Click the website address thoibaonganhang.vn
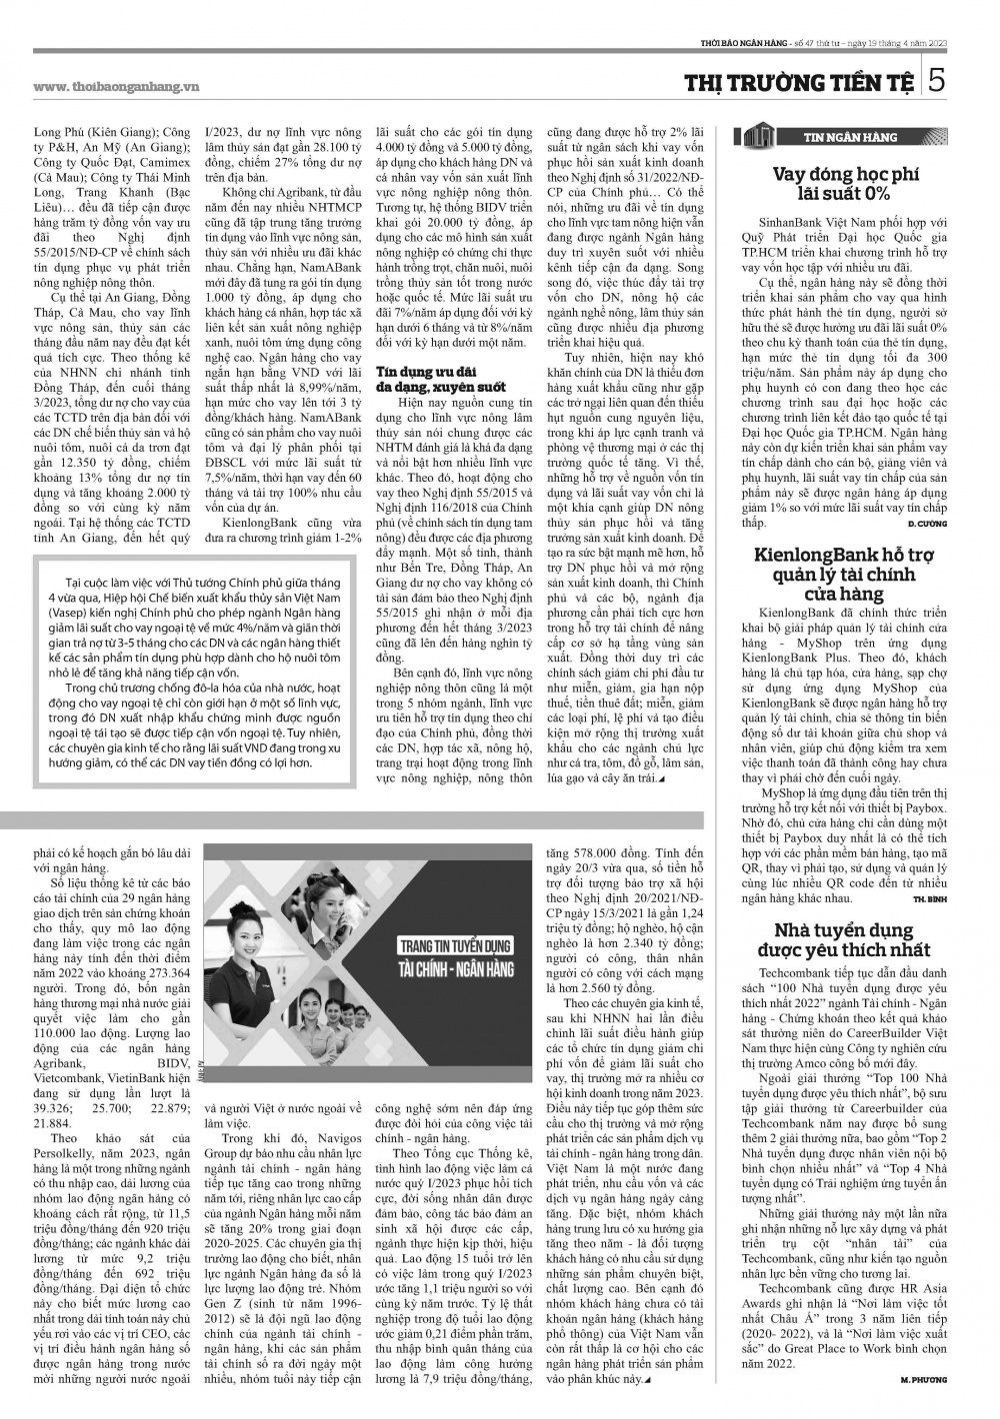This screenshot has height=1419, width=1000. pyautogui.click(x=116, y=86)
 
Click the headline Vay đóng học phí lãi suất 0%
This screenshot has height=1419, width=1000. pyautogui.click(x=844, y=184)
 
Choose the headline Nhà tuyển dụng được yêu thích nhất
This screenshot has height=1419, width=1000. pyautogui.click(x=844, y=939)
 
